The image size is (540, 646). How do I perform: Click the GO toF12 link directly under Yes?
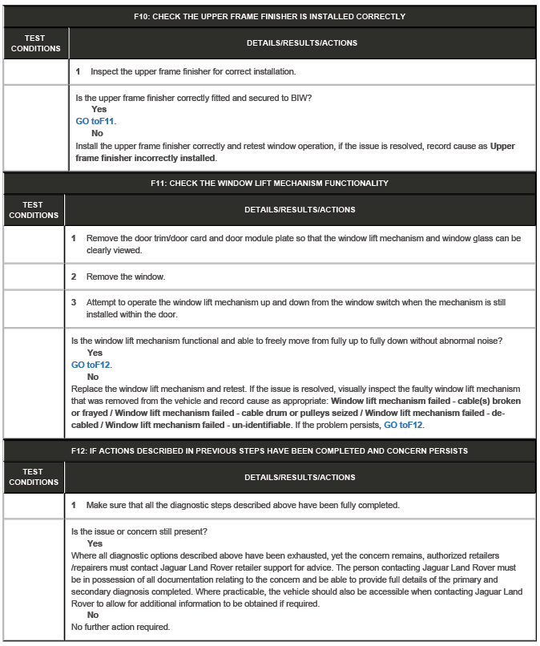tap(91, 365)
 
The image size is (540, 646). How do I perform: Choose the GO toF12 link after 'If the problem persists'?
tap(403, 425)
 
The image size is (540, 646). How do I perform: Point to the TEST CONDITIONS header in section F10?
tap(34, 43)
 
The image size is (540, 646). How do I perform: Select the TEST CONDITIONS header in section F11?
tap(33, 210)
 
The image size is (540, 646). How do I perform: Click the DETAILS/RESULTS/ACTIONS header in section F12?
tap(299, 478)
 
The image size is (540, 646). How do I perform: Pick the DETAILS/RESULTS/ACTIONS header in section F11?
tap(299, 210)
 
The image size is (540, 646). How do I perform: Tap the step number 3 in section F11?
tap(74, 303)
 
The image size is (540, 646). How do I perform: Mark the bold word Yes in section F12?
tap(94, 543)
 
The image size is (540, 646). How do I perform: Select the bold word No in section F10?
tap(97, 134)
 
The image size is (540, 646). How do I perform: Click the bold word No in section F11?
tap(93, 377)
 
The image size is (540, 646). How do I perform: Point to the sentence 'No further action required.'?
tap(120, 628)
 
